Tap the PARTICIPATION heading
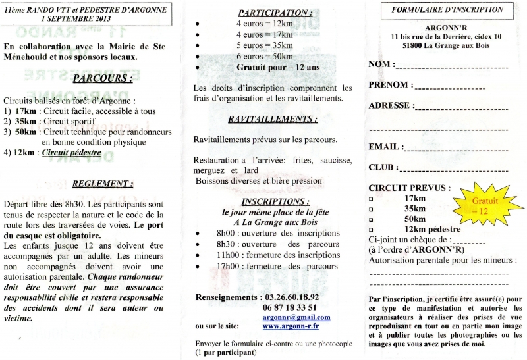[275, 12]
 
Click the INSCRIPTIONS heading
[274, 201]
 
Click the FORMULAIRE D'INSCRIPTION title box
[447, 11]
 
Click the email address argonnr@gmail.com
[296, 317]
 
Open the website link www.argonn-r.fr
[291, 326]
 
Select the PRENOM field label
[391, 85]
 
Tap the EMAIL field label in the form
[385, 147]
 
